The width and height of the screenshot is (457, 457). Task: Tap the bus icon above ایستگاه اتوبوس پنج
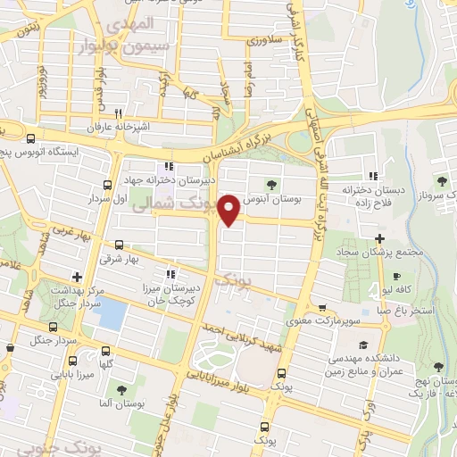tap(32, 139)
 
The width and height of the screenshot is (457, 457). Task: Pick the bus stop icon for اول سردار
tap(107, 185)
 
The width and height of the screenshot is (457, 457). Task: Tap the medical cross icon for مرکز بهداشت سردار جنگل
tap(78, 276)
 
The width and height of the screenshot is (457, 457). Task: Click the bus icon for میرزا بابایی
tap(107, 353)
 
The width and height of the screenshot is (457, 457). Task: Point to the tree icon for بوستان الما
tap(120, 389)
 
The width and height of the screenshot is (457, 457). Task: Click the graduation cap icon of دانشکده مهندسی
tap(362, 345)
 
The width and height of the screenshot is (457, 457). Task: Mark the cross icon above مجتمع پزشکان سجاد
tap(380, 238)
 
